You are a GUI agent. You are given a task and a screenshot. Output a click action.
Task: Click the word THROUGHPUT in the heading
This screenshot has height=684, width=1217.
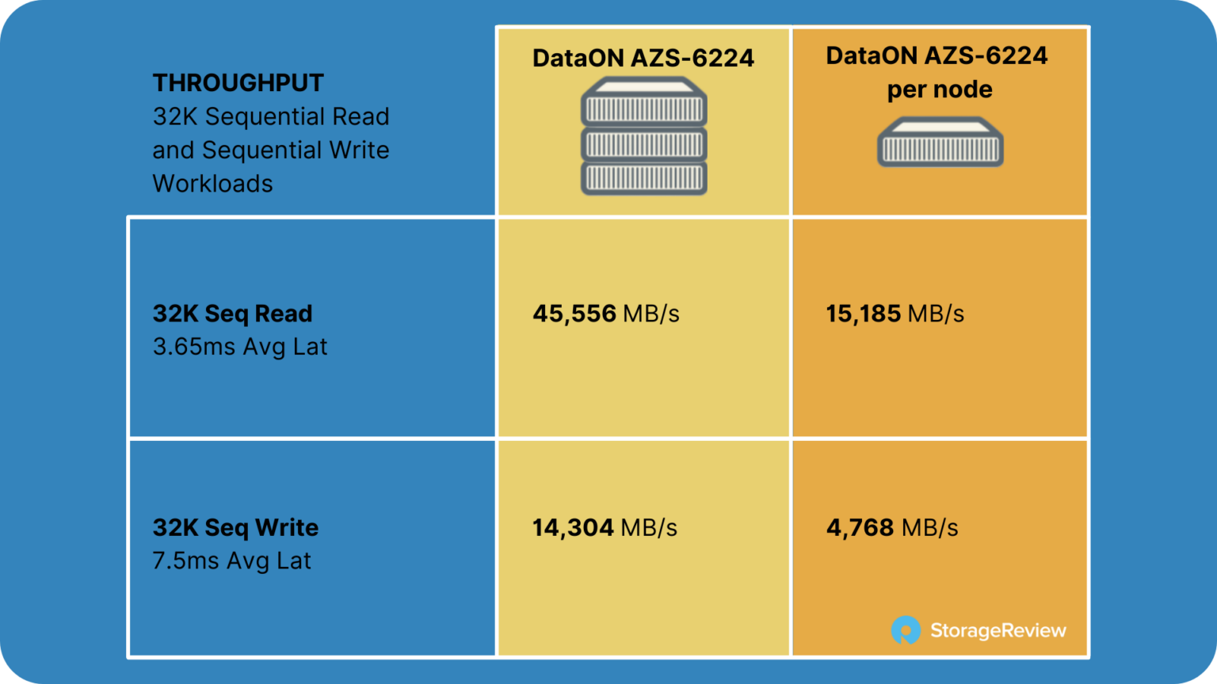(x=238, y=83)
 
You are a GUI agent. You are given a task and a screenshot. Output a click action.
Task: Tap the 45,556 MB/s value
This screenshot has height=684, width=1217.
(x=606, y=313)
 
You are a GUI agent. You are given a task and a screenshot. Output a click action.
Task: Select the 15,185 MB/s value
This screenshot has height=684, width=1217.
(x=895, y=313)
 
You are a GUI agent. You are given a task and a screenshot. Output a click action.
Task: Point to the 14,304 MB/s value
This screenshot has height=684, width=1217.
(x=605, y=528)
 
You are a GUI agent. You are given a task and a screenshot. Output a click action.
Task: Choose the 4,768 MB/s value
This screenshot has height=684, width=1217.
(x=892, y=528)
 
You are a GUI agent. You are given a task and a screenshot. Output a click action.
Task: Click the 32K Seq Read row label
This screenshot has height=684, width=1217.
(x=232, y=313)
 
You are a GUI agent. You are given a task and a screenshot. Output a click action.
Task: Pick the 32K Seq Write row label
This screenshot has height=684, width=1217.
(x=236, y=528)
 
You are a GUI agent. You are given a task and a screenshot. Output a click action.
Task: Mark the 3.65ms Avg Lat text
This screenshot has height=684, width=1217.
(x=240, y=347)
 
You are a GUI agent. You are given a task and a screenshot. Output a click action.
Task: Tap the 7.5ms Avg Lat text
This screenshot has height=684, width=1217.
(x=232, y=560)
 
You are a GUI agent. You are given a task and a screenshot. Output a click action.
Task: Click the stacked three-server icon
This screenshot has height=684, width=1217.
(x=644, y=135)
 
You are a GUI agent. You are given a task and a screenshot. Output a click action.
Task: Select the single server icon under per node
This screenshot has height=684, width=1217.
(x=940, y=142)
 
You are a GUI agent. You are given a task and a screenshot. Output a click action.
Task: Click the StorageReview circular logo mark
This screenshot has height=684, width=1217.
(x=906, y=630)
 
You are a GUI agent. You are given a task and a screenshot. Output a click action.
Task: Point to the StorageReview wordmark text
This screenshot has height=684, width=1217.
(x=998, y=631)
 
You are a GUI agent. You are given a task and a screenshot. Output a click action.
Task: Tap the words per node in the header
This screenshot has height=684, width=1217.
(x=940, y=89)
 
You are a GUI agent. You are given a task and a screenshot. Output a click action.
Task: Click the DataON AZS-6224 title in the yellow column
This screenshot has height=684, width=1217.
(x=643, y=58)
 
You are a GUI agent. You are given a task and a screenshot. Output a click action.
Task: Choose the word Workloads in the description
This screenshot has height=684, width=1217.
(x=212, y=184)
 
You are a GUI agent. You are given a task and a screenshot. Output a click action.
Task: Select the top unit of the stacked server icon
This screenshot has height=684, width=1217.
(x=644, y=101)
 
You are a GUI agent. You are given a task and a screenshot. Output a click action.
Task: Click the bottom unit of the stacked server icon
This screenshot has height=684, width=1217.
(x=644, y=178)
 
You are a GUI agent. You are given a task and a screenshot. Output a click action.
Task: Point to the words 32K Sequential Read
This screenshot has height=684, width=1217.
(x=271, y=116)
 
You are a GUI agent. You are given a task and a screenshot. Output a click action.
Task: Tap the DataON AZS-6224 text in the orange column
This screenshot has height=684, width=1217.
(x=937, y=55)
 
